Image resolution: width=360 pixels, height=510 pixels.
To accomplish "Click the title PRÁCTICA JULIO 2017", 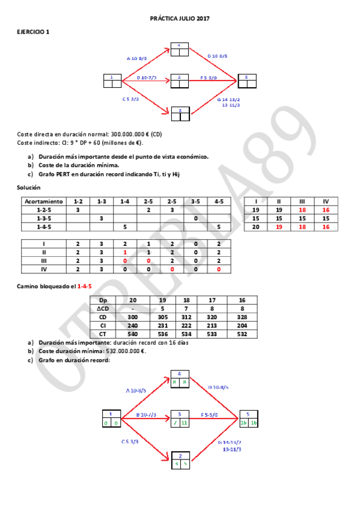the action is pyautogui.click(x=180, y=19).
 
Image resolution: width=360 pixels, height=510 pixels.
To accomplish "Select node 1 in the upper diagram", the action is pyautogui.click(x=112, y=80).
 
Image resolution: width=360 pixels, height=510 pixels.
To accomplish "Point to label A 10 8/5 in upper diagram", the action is pyautogui.click(x=137, y=58).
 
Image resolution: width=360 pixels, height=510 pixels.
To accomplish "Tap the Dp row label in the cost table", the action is pyautogui.click(x=103, y=300).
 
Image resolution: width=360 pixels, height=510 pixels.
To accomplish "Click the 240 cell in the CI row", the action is pyautogui.click(x=133, y=325).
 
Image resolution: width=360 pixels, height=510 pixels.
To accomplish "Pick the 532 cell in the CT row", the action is pyautogui.click(x=242, y=333).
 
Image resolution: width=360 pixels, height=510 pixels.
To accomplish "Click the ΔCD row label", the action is pyautogui.click(x=103, y=308).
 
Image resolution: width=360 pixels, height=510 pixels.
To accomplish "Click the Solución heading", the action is pyautogui.click(x=28, y=188).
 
